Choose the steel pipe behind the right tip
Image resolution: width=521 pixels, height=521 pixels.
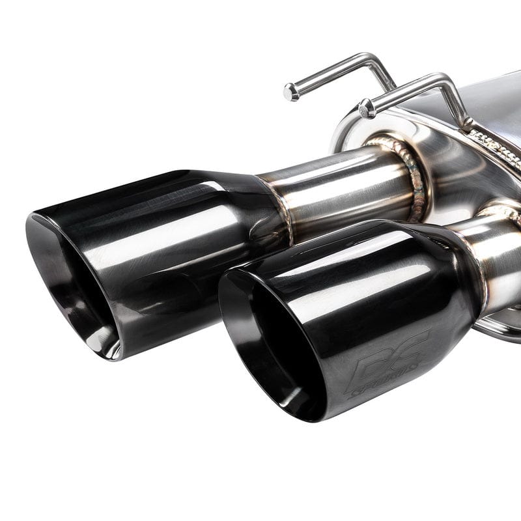tap(501, 260)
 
